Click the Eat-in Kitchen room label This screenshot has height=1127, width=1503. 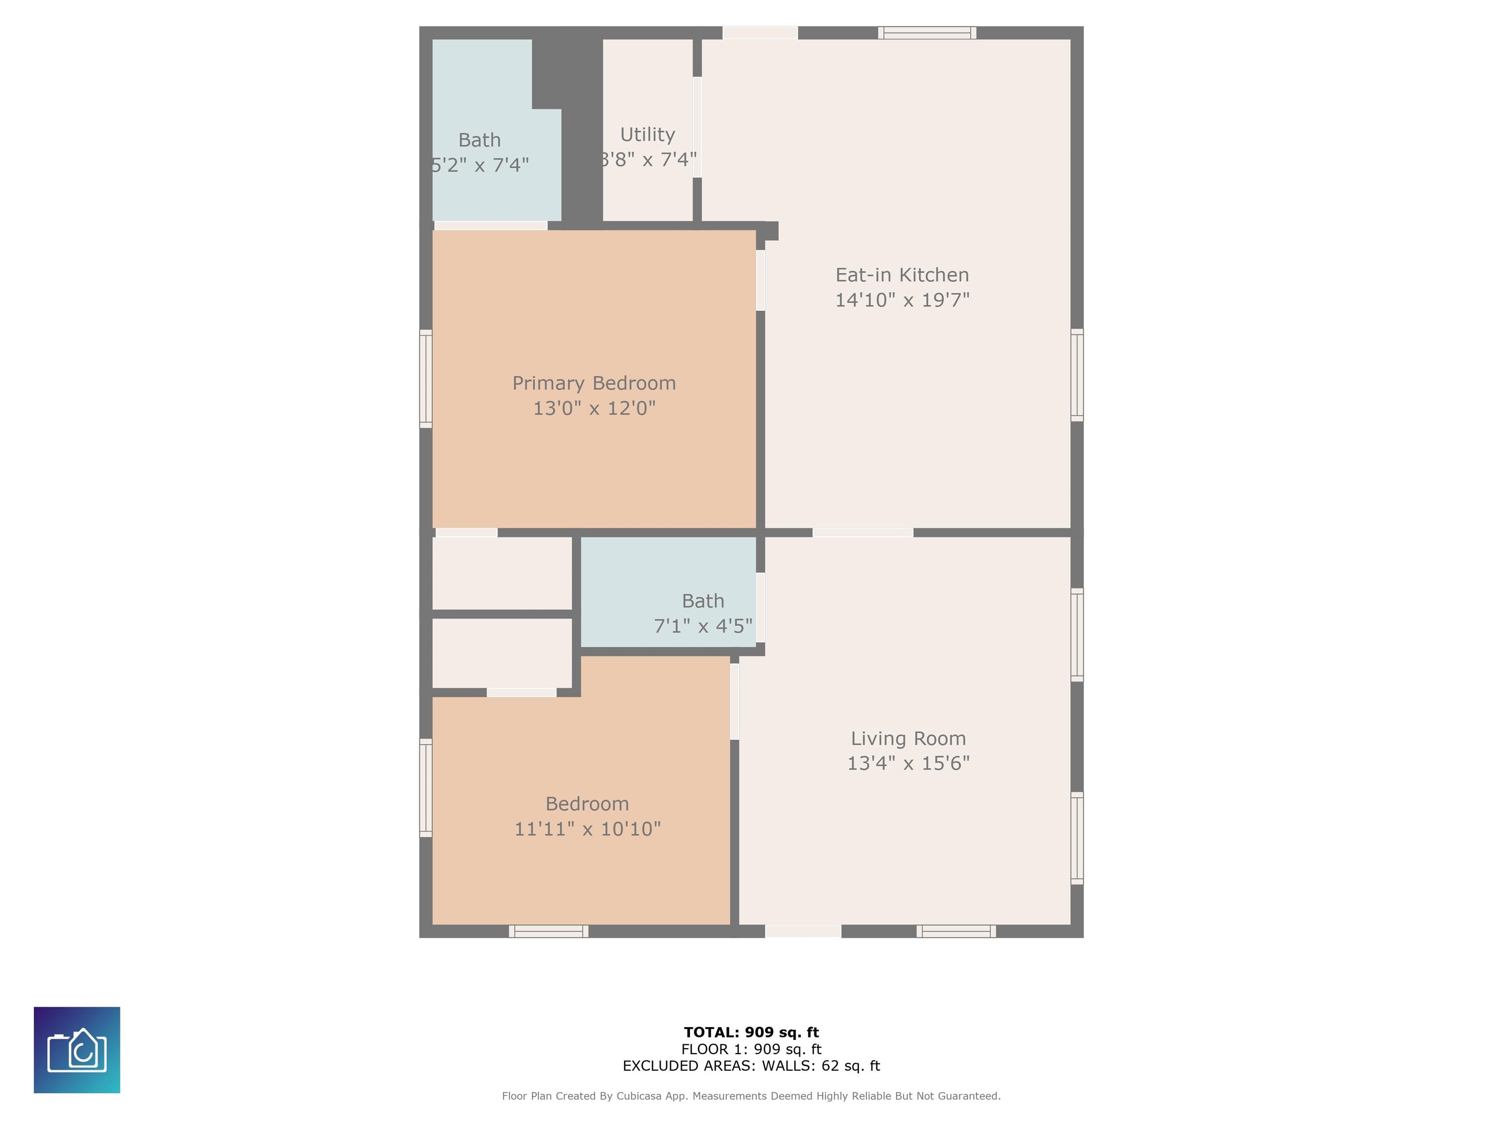tap(902, 275)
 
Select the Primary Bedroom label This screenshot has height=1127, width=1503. tap(594, 383)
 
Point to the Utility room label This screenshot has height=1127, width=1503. tap(648, 135)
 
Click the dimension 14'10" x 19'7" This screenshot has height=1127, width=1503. tap(902, 299)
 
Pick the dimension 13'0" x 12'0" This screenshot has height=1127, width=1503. tap(594, 407)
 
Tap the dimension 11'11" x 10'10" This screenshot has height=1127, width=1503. tap(587, 829)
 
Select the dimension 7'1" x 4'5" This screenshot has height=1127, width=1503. tap(703, 626)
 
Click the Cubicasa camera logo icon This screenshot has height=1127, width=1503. tap(77, 1050)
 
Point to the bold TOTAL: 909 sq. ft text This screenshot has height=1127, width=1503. tap(751, 1033)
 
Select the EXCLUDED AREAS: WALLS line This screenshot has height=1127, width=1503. tap(751, 1066)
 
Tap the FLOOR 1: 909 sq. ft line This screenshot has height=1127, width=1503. tap(751, 1050)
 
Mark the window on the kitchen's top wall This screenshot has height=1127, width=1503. tap(927, 33)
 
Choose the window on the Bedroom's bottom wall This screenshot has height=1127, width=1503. tap(548, 931)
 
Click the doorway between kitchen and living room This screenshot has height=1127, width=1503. tap(863, 533)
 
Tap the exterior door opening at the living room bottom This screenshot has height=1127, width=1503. tap(803, 931)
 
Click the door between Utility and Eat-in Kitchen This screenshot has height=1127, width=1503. tap(697, 127)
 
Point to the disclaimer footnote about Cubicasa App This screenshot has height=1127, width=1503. tap(751, 1096)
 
